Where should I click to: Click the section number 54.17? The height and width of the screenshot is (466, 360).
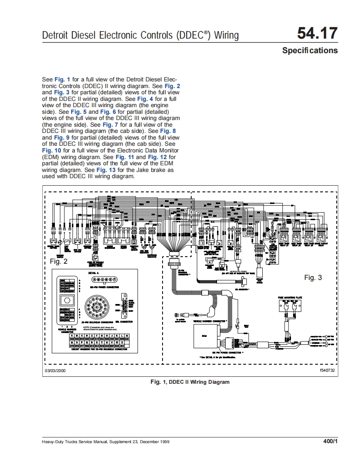[317, 34]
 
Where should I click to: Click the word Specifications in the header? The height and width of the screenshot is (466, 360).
[310, 51]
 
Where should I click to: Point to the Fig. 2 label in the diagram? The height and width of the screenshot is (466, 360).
[58, 261]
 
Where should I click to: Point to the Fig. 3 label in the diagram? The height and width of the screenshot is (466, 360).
[313, 277]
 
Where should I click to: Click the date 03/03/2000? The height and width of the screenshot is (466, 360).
[55, 370]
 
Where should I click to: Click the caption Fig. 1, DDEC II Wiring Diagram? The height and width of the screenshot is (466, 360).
[190, 382]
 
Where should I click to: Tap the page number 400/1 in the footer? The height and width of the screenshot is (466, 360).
[330, 441]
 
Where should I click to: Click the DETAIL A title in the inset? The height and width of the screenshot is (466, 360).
[94, 273]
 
